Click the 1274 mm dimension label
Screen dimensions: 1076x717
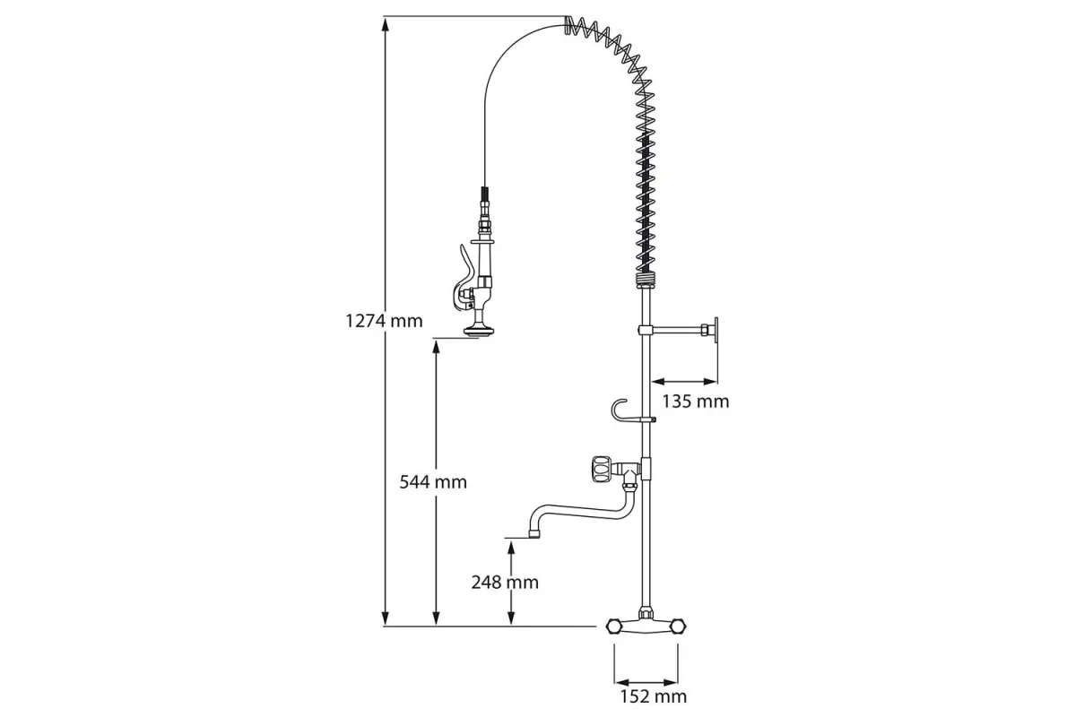click(385, 321)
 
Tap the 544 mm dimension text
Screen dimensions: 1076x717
click(433, 481)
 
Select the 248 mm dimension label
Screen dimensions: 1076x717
click(505, 582)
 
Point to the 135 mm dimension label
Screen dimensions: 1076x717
click(696, 401)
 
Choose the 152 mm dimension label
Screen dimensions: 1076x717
click(654, 696)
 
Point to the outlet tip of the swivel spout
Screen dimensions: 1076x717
click(534, 533)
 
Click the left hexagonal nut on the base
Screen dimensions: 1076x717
click(613, 626)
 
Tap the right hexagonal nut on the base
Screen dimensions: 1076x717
click(678, 626)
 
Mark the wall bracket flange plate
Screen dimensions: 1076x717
click(716, 330)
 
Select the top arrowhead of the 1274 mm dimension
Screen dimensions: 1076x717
click(385, 25)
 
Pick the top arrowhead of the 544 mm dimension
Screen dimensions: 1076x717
click(436, 347)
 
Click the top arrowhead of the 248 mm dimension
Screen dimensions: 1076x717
click(510, 548)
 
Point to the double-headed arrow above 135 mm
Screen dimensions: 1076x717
click(684, 382)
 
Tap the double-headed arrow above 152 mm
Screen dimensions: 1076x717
click(646, 682)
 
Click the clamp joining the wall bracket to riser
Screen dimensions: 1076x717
click(645, 330)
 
